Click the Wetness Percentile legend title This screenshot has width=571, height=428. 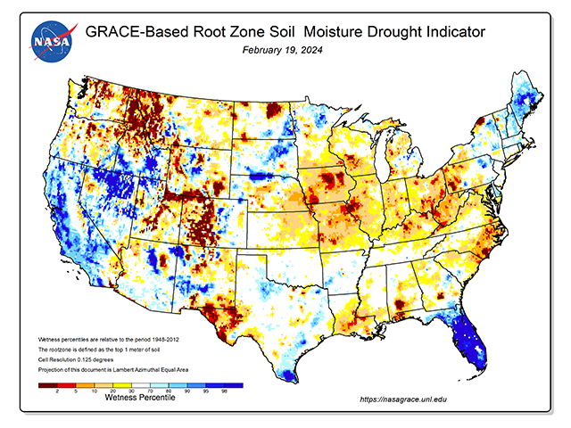point(140,397)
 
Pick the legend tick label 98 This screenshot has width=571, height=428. point(224,391)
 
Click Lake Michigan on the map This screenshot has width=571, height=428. point(378,164)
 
